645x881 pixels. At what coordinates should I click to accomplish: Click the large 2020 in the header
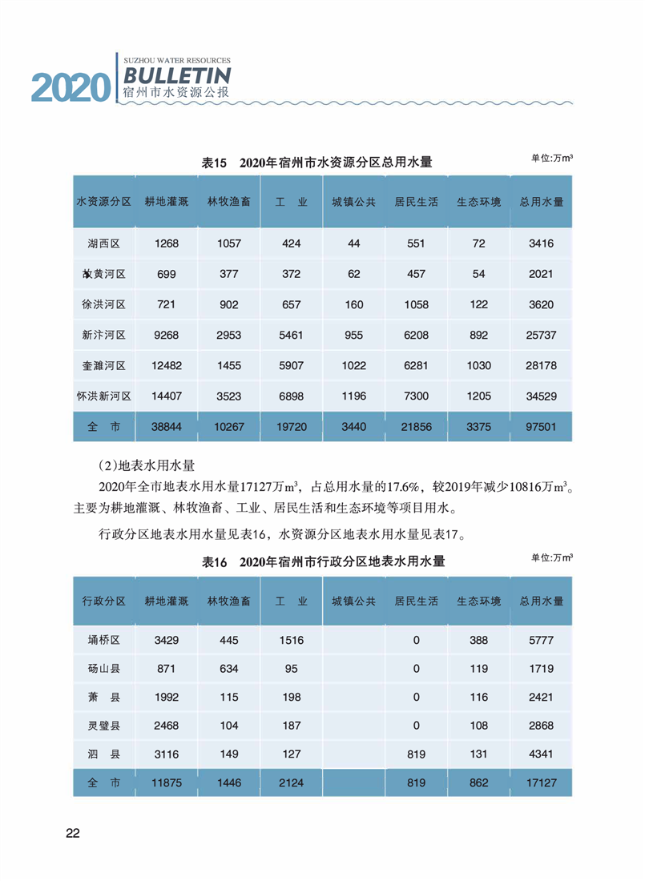point(70,86)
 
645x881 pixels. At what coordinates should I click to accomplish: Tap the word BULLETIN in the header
point(177,76)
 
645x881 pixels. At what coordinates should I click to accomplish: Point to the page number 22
point(73,833)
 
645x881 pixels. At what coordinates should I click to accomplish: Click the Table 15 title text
point(317,163)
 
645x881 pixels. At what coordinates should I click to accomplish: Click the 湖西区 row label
point(104,243)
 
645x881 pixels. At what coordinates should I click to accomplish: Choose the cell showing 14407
point(167,396)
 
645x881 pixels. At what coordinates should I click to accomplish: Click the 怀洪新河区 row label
point(104,396)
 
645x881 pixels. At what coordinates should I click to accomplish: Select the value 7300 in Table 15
point(416,396)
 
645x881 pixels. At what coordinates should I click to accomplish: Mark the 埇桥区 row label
point(104,640)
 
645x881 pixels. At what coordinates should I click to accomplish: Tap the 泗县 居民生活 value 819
point(416,754)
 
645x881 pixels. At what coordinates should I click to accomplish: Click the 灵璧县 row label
point(104,726)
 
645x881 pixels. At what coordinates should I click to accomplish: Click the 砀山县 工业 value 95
point(291,668)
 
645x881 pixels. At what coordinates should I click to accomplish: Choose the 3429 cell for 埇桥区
point(167,640)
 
